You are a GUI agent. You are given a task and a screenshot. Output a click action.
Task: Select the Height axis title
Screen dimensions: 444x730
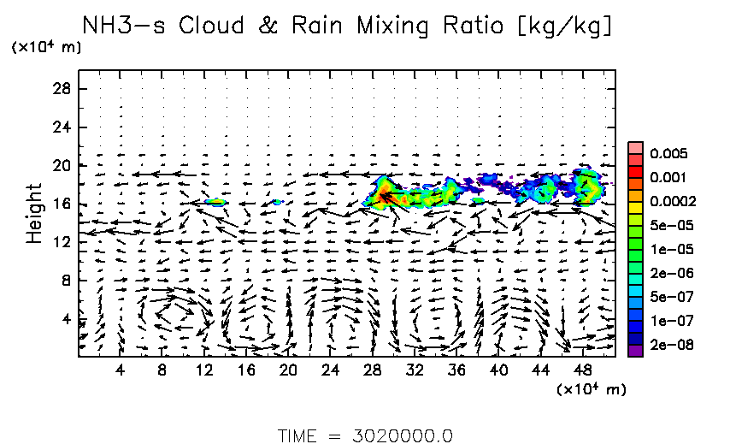34,213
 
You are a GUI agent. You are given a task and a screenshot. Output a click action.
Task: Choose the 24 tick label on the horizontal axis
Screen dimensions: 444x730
329,370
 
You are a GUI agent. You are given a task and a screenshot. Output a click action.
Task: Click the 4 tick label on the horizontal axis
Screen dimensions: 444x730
121,370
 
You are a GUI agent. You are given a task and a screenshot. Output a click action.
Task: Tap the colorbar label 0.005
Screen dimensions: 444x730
663,154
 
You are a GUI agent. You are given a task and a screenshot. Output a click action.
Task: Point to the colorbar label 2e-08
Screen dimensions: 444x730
663,345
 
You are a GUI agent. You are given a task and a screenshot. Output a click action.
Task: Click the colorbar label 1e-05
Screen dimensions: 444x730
663,249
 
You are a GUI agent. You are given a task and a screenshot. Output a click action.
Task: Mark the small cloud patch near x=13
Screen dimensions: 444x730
215,202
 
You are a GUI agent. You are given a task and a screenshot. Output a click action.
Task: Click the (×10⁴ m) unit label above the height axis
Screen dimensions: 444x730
46,48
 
